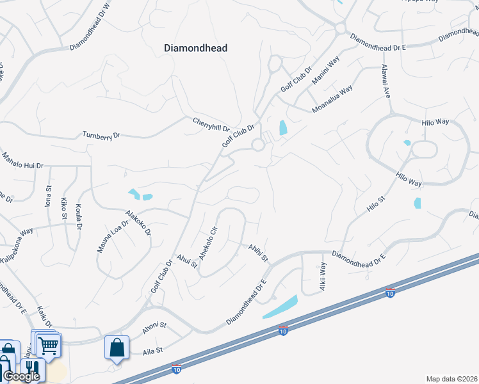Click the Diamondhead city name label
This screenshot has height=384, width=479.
point(196,48)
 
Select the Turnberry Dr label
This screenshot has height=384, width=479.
point(101,135)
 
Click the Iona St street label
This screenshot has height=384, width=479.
point(48,196)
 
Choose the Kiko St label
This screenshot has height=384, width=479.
point(64,208)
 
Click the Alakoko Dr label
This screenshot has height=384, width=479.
point(138,223)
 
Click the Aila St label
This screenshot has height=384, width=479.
point(154,351)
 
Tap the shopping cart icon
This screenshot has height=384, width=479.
point(49,345)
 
